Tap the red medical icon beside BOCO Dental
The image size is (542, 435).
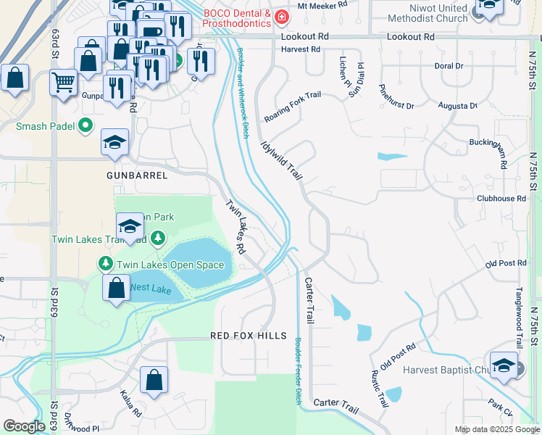point(283,17)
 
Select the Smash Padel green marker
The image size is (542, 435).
point(86,126)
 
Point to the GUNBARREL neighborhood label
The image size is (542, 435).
point(137,175)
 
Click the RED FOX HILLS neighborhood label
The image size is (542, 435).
point(249,336)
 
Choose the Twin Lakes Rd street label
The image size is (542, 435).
point(235,226)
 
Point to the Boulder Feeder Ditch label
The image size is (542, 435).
point(297,370)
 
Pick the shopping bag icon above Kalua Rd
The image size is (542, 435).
point(154,379)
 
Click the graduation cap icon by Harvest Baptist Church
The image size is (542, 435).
point(503,365)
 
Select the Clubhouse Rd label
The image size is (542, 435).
point(501,198)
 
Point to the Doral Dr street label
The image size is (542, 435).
point(449,66)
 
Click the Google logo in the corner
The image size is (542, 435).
point(24,426)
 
